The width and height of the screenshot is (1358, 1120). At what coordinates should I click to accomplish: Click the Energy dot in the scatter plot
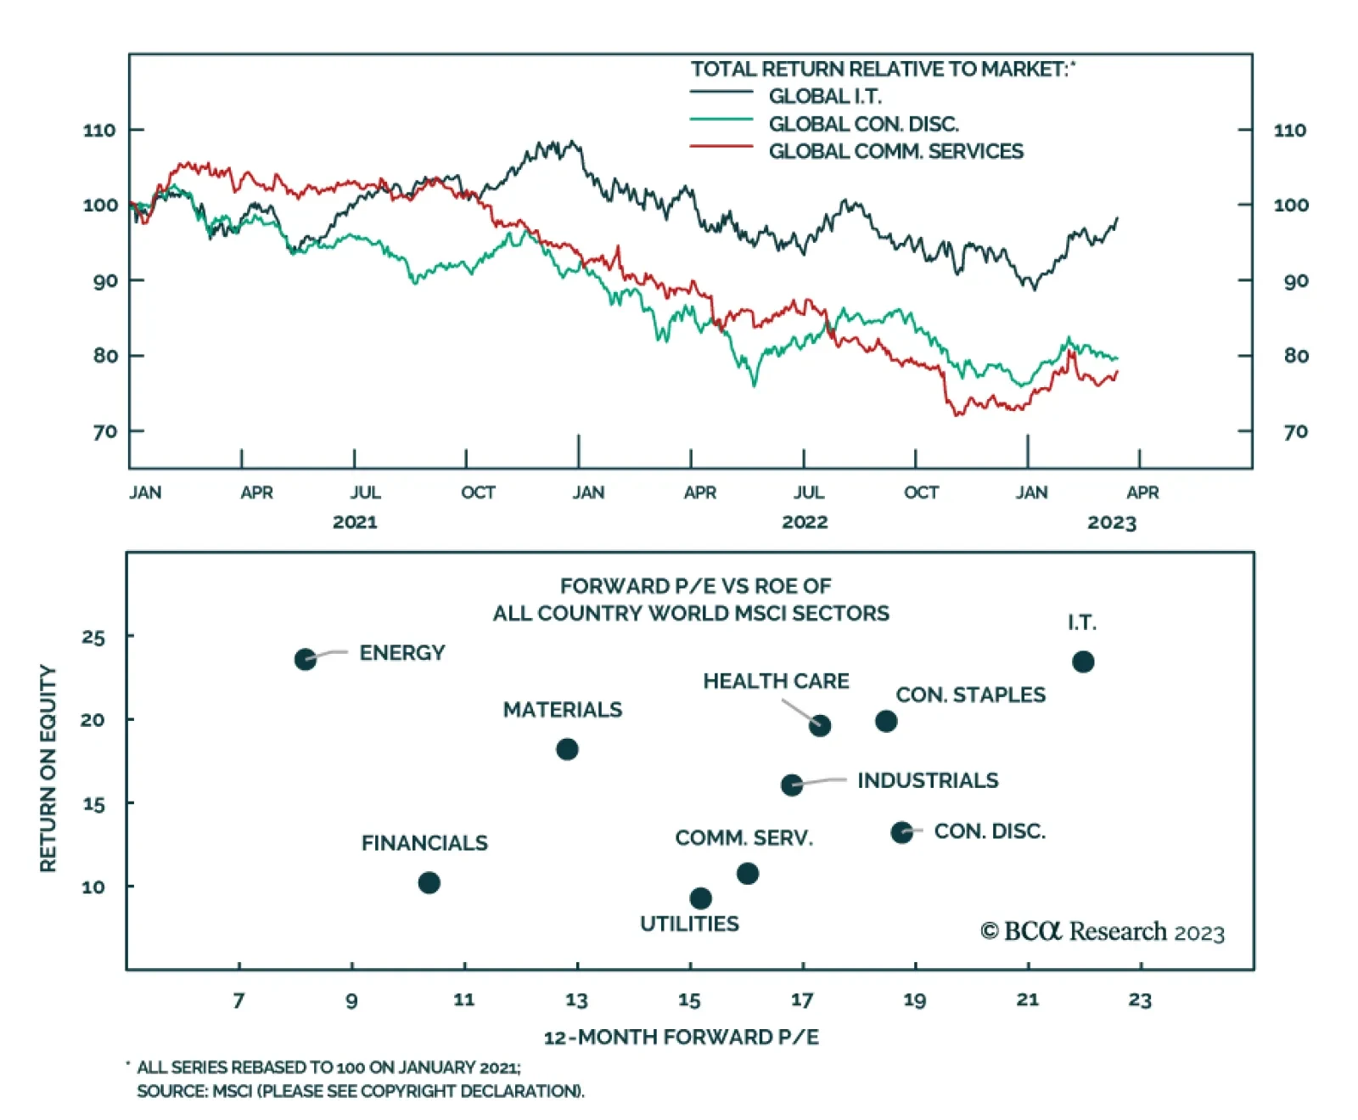tap(305, 659)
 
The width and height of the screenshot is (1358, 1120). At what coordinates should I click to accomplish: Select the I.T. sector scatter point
tap(1082, 661)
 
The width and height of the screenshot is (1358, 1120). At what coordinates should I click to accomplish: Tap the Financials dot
tap(429, 883)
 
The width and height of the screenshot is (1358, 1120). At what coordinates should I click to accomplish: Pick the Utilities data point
tap(700, 898)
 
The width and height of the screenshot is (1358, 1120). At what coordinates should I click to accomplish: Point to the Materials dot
tap(567, 749)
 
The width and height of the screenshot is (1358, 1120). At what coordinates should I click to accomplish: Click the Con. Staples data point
tap(885, 721)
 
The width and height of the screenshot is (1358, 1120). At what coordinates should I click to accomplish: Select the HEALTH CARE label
tap(776, 681)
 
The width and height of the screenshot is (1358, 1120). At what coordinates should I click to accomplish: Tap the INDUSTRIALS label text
tap(928, 780)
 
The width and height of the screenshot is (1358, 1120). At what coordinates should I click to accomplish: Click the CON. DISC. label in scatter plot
tap(990, 831)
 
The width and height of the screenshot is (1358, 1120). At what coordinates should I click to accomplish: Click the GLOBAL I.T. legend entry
tap(824, 96)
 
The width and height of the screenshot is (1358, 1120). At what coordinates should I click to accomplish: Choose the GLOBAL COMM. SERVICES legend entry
tap(895, 151)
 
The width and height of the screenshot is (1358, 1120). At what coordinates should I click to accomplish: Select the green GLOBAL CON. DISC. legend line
tap(721, 121)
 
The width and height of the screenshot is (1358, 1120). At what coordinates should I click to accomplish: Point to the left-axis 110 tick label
tap(99, 130)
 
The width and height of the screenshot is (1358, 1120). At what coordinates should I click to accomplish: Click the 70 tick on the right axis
tap(1295, 432)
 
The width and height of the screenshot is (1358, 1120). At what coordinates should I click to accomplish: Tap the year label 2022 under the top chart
tap(804, 522)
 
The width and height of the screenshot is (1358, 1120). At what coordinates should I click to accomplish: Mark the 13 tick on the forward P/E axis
tap(576, 1000)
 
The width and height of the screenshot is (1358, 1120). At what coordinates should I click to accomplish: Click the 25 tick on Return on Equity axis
tap(93, 637)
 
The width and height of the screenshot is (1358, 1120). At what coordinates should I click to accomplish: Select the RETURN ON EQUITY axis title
tap(48, 768)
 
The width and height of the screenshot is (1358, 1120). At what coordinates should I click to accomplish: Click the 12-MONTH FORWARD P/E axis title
tap(681, 1037)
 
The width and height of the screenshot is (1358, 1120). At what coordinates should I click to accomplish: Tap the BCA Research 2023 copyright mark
tap(1102, 931)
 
